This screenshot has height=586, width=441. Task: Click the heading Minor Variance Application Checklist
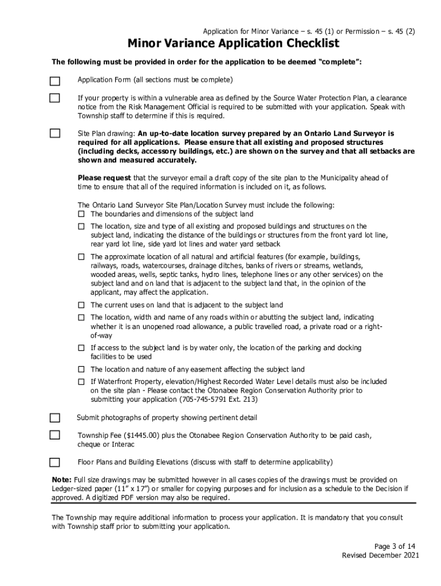coord(233,44)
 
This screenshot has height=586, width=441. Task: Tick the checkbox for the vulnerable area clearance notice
coord(54,98)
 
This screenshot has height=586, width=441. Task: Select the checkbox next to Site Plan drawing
coord(54,133)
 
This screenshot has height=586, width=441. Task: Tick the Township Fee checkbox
coord(54,435)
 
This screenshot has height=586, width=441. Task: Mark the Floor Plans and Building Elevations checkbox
coord(54,462)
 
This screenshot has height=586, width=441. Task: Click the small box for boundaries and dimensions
coord(81,214)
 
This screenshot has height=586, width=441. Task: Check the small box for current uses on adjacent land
coord(81,305)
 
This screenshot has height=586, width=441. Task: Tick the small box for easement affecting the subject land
coord(81,369)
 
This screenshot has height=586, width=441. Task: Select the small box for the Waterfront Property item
coord(81,382)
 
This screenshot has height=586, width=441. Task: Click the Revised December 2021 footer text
coord(380,555)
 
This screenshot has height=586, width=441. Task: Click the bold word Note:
coord(62,479)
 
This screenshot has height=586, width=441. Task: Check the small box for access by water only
coord(81,348)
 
